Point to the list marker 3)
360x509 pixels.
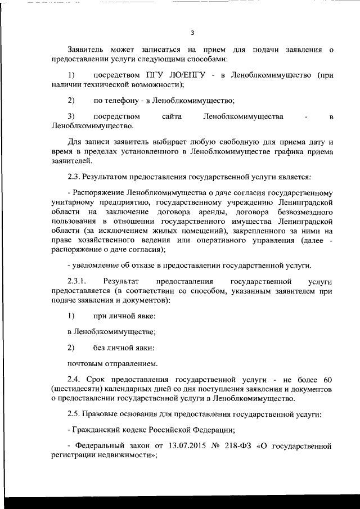(71, 116)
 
